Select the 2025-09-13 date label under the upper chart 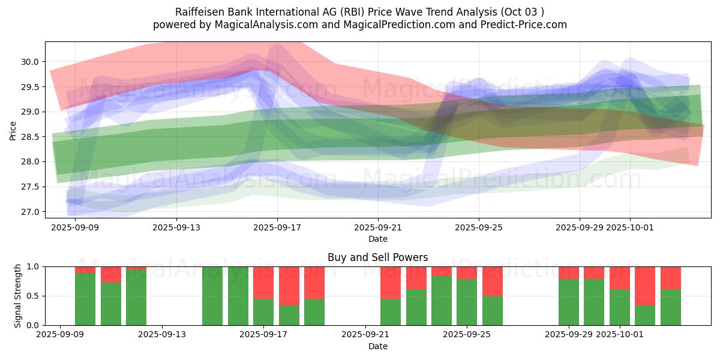(x=176, y=227)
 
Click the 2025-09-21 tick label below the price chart (x=378, y=227)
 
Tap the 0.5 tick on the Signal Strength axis (x=33, y=296)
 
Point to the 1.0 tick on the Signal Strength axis (x=33, y=266)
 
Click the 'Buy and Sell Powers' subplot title (x=377, y=257)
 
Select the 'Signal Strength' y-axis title (x=18, y=296)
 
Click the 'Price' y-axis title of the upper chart (x=13, y=130)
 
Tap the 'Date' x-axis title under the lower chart (x=377, y=346)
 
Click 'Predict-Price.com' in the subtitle (x=526, y=25)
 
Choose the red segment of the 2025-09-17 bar (x=263, y=282)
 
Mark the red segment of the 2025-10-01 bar (x=620, y=278)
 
